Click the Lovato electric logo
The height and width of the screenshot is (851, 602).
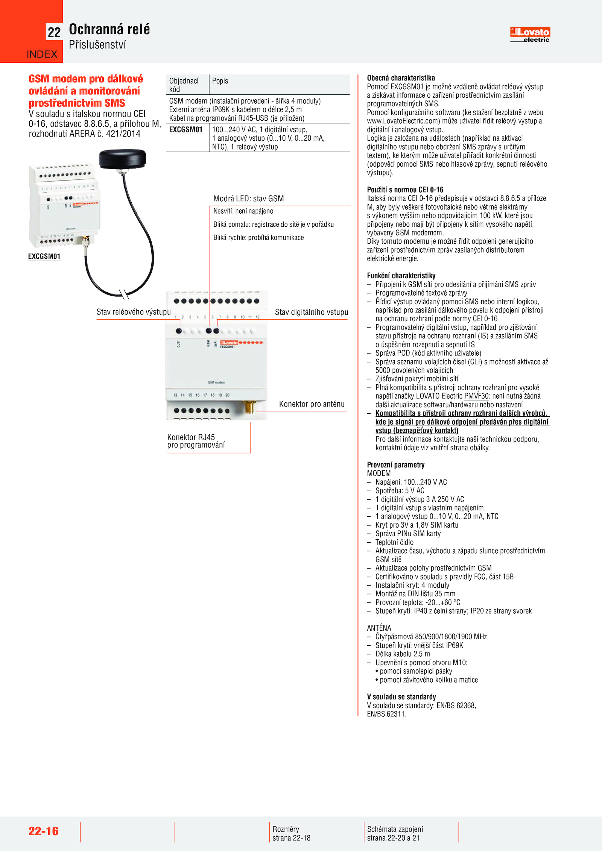[530, 34]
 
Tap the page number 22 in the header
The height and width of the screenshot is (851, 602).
[54, 32]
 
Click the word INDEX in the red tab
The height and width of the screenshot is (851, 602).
[42, 55]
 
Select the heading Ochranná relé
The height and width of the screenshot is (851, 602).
[109, 29]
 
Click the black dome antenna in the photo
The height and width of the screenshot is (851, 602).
[122, 159]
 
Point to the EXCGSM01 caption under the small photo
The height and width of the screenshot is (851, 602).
[44, 256]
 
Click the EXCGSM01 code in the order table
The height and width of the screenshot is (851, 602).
[186, 130]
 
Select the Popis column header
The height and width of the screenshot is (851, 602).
[220, 81]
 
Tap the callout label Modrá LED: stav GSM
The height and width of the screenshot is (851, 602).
[248, 199]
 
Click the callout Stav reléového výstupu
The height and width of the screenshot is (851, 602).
[134, 312]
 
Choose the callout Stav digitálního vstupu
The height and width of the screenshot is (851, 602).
[311, 312]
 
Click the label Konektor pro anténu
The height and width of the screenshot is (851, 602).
[312, 404]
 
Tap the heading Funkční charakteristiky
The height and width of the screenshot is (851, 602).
[401, 276]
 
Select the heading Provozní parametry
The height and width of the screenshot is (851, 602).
[395, 465]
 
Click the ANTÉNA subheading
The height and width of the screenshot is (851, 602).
[379, 628]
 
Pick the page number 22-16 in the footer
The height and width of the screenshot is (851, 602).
[44, 831]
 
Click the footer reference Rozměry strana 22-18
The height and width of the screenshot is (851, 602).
[291, 833]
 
